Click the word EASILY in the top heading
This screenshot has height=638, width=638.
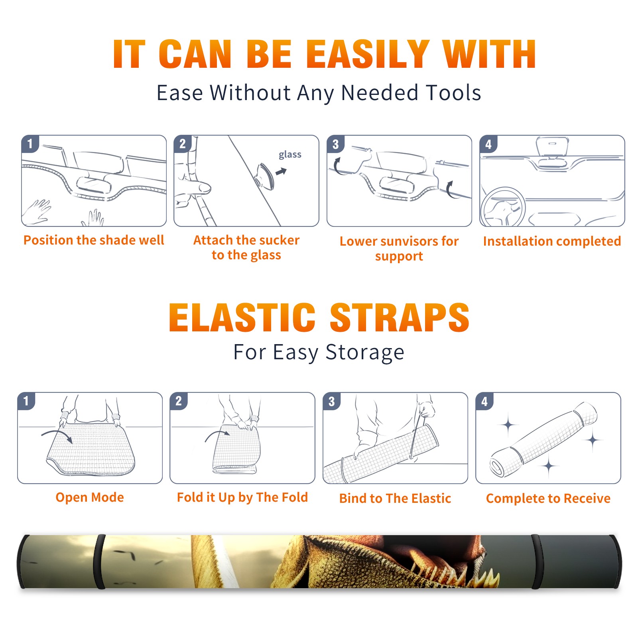[367, 54]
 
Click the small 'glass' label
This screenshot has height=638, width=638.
[290, 155]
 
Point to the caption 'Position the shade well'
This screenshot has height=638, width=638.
[94, 240]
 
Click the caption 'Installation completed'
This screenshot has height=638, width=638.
[552, 241]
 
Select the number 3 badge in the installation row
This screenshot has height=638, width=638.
[335, 144]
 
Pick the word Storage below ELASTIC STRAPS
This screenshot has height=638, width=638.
[365, 352]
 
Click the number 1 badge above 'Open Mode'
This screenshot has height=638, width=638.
[26, 401]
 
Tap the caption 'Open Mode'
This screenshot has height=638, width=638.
[90, 497]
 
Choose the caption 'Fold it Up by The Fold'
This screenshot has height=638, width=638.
[242, 497]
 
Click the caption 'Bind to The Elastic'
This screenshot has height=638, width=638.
[395, 498]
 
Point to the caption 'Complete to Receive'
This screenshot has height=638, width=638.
[548, 498]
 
